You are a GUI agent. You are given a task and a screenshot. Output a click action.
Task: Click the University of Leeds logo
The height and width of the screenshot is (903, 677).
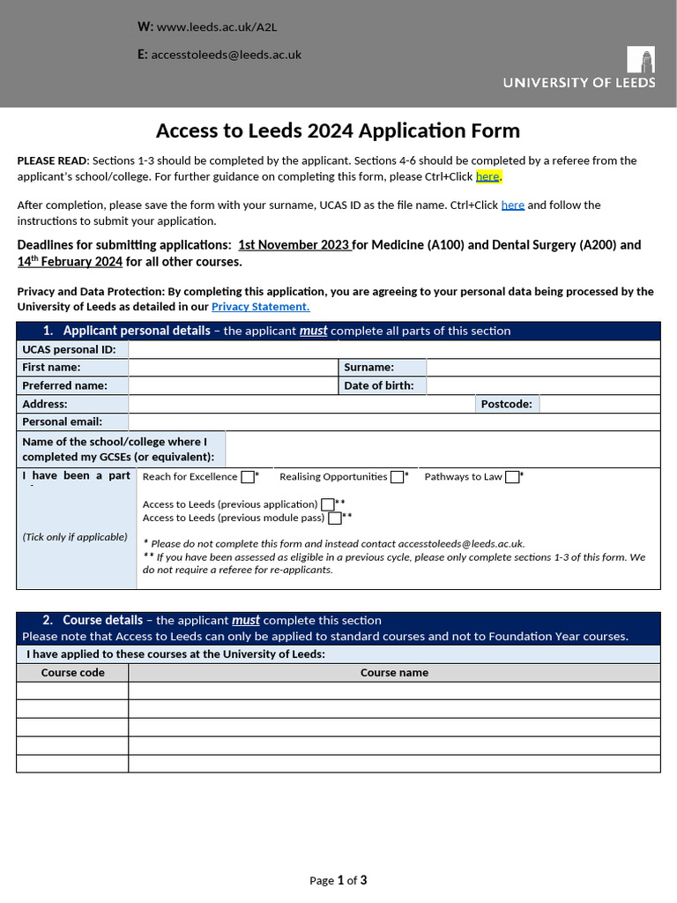point(579,69)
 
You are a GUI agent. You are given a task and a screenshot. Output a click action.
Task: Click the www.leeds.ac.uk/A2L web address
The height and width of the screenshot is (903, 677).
point(216,26)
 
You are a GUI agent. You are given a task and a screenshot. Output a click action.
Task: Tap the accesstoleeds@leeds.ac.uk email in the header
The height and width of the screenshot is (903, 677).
point(227,54)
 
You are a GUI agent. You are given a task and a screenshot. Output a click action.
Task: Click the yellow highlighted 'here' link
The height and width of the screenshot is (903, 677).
point(487,176)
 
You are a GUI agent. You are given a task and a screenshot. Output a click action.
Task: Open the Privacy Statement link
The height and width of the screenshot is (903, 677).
point(260,307)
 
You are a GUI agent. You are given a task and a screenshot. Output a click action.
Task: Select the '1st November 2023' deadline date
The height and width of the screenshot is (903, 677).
point(294,245)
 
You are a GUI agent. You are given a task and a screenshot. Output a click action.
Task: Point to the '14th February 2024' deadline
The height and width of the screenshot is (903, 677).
point(70,261)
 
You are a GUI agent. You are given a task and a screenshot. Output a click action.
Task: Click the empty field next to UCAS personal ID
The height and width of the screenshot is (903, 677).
point(394,349)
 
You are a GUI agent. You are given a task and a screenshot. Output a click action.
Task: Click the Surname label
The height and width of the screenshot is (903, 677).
point(368,368)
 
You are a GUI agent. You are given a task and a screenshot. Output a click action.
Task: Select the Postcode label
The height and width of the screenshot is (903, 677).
point(507,404)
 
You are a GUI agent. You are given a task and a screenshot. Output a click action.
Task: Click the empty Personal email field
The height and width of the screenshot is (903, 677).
point(394,422)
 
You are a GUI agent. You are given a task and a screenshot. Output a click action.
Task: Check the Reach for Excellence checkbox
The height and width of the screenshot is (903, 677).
point(247,477)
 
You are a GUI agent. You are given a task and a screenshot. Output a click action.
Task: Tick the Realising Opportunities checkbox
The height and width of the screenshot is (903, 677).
point(398,477)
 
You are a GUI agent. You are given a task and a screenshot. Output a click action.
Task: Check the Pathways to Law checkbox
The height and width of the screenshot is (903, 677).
point(512,477)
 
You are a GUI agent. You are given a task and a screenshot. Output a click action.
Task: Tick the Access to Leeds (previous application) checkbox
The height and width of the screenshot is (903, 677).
point(328,504)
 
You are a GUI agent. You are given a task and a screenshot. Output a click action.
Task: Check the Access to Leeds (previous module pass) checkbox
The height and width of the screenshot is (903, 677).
point(335,518)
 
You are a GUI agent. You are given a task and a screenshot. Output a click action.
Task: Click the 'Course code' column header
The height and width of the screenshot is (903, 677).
point(72,673)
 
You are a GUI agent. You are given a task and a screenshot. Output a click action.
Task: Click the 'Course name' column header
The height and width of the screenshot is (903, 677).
point(394,673)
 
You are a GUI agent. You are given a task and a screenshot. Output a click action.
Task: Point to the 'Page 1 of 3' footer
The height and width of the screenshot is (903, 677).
point(338,880)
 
